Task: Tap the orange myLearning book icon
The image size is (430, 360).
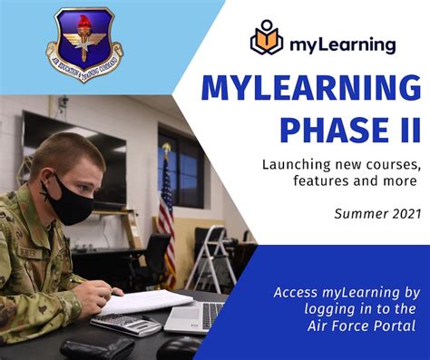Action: point(268,42)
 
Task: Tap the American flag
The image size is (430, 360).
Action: point(167,222)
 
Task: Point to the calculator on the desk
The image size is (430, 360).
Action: point(126,325)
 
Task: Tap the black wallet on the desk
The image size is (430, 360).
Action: point(96,348)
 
